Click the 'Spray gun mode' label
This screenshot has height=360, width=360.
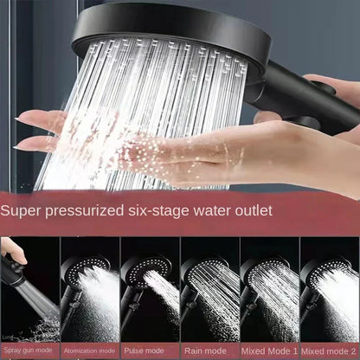29,351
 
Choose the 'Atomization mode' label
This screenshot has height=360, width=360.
88,351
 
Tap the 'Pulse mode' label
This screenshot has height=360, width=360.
149,351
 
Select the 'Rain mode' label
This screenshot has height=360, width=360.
209,351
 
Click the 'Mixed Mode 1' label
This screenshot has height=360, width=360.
268,351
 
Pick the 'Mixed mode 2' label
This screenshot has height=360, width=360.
330,351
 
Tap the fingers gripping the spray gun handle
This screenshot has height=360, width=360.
10,258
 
